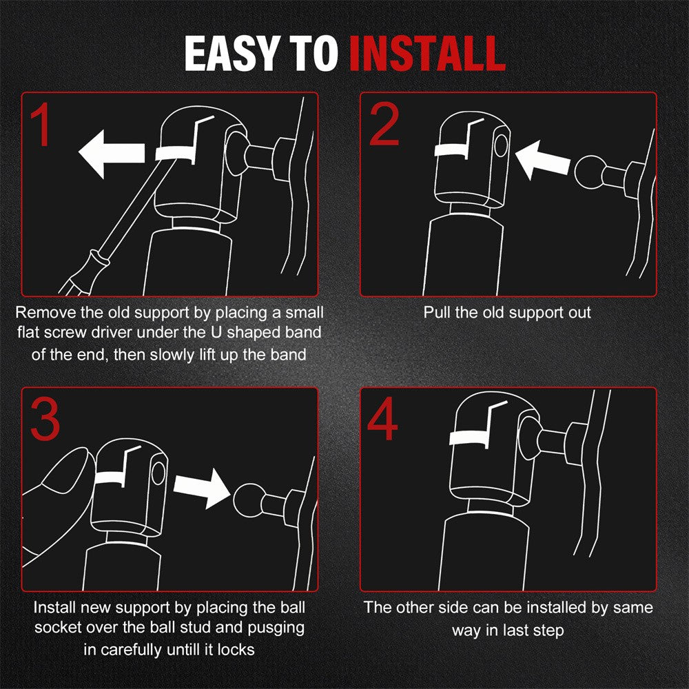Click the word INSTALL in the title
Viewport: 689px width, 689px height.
[428, 53]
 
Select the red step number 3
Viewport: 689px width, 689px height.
[45, 419]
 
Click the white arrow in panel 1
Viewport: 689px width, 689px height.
[111, 154]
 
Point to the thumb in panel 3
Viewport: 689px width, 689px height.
[66, 473]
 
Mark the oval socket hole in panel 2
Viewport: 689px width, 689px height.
[501, 145]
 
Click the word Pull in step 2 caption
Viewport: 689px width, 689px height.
[436, 312]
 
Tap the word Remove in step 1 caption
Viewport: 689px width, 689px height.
[45, 312]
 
